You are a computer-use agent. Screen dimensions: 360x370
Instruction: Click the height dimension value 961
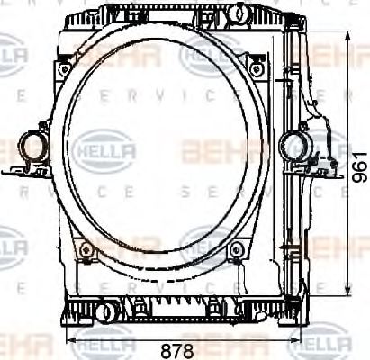pos(359,166)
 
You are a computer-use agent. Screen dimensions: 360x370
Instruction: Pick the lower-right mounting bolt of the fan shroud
pos(236,249)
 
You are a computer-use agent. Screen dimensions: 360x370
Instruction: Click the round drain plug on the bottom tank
pos(108,311)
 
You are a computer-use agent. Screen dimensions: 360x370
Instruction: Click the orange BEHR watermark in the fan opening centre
pos(216,149)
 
